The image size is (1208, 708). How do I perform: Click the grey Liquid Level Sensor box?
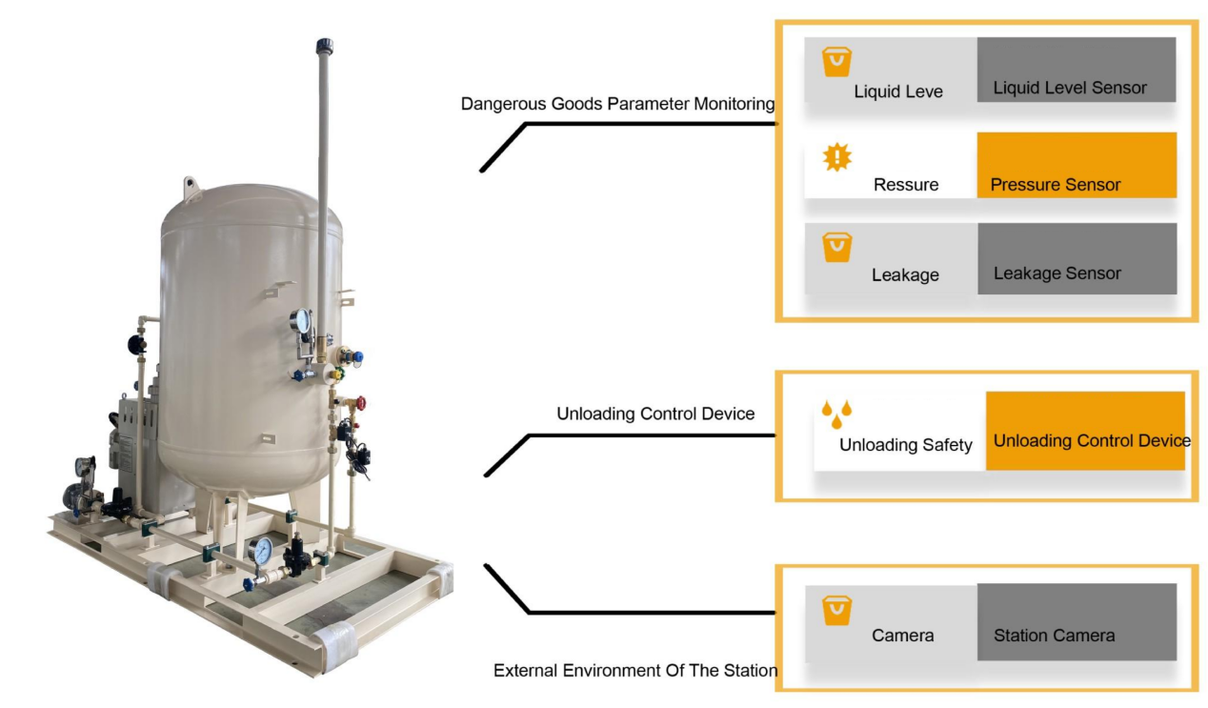(x=1076, y=70)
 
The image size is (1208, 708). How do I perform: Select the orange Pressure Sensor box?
(x=1077, y=166)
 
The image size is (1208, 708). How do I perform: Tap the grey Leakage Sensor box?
(x=1077, y=258)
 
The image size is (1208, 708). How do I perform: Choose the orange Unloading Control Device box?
(x=1085, y=431)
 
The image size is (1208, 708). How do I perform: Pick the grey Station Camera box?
(x=1077, y=622)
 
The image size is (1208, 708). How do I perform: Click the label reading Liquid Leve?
(x=897, y=91)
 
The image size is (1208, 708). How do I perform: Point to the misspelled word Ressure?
(x=905, y=185)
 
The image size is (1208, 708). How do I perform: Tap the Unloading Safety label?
(x=905, y=445)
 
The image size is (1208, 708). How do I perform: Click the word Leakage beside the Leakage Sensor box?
(x=905, y=275)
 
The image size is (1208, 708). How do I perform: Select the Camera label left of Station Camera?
(x=902, y=636)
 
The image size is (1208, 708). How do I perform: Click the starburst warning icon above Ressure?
(x=836, y=157)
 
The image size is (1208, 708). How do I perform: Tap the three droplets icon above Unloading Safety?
(x=836, y=414)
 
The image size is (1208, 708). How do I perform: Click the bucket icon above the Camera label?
(x=836, y=610)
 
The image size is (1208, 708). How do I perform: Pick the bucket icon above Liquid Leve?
(x=836, y=63)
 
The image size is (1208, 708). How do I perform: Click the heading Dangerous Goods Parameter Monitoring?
(x=617, y=104)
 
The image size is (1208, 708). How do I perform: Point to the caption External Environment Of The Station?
(x=634, y=671)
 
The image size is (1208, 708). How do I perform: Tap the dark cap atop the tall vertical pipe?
(x=325, y=46)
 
